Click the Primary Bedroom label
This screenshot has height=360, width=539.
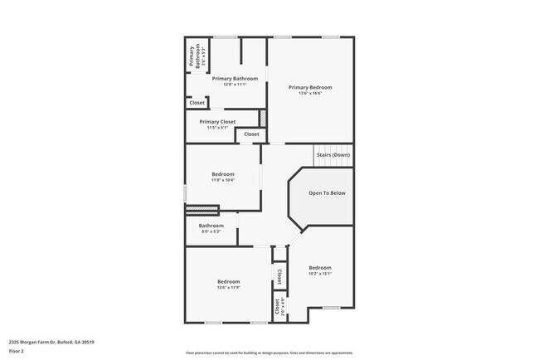click(310, 87)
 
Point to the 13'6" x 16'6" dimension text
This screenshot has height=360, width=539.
click(310, 93)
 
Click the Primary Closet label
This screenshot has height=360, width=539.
click(217, 122)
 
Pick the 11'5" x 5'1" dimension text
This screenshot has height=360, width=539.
click(217, 128)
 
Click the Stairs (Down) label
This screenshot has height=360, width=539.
click(333, 155)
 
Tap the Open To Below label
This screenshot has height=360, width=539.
click(327, 193)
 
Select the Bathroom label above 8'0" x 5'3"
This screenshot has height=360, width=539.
click(211, 226)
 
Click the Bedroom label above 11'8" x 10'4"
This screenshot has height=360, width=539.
click(223, 174)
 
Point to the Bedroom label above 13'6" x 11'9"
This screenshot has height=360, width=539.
click(229, 282)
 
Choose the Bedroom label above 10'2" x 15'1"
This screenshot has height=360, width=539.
click(320, 267)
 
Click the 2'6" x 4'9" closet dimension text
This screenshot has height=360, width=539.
click(284, 306)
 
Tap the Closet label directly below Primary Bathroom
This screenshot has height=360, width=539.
click(197, 103)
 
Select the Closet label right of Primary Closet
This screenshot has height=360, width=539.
click(251, 134)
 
